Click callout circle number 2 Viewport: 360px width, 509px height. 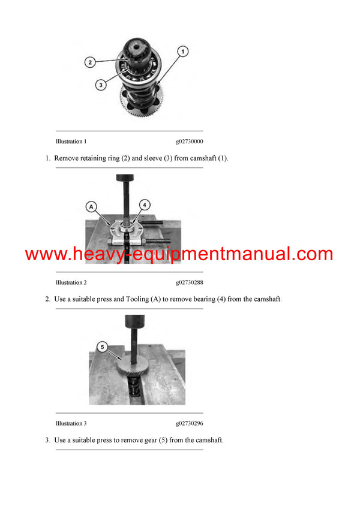click(89, 62)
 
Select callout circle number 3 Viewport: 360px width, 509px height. click(101, 85)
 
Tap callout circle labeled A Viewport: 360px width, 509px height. click(92, 206)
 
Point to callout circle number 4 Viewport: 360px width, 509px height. click(145, 204)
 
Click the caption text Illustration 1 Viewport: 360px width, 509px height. click(71, 142)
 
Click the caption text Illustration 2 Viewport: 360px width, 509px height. click(71, 282)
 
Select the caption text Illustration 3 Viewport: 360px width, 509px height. click(71, 423)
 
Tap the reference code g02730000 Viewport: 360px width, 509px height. click(190, 142)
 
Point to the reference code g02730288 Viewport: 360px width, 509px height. click(190, 282)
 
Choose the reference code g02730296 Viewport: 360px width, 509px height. click(190, 423)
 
